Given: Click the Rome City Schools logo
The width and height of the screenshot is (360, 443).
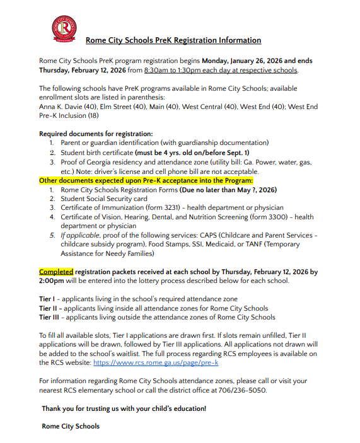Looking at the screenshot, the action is [x=65, y=28].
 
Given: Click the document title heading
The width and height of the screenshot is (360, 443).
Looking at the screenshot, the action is [x=173, y=40].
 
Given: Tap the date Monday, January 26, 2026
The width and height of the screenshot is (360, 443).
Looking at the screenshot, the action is [x=252, y=60].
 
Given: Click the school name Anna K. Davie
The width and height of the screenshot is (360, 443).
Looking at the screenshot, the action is [x=61, y=106].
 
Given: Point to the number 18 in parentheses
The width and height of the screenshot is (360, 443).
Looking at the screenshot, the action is [x=93, y=116].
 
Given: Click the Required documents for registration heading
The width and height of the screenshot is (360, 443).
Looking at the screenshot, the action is [x=96, y=134].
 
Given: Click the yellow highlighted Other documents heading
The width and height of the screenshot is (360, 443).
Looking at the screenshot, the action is [x=146, y=180].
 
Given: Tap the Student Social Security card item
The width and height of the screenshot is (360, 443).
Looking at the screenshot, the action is [x=104, y=198].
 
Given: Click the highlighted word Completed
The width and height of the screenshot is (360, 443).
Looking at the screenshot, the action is [x=57, y=272].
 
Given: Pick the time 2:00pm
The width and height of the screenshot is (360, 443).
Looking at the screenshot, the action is [x=52, y=281].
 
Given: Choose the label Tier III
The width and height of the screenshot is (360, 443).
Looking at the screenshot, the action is [x=50, y=318].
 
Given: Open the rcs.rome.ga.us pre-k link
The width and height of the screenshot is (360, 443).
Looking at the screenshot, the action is [x=156, y=363].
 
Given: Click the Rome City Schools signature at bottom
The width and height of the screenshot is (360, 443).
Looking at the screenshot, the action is [x=71, y=427].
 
